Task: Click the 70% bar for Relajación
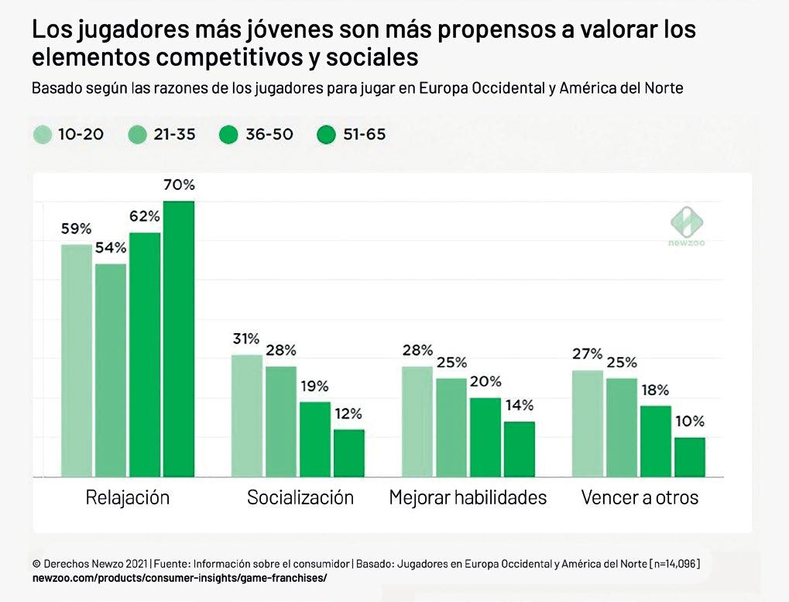pos(178,339)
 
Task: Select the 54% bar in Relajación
pos(111,370)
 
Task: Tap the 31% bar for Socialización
pos(247,415)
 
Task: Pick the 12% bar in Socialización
pos(348,452)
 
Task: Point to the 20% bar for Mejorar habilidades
pos(485,437)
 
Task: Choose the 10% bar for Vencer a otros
pos(689,457)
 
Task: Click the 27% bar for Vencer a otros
pos(587,423)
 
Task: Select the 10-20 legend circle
pos(43,135)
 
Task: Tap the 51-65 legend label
pos(363,135)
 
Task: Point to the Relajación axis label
pos(127,497)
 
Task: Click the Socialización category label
pos(300,497)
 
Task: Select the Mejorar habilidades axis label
pos(468,497)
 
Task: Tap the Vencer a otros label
pos(640,497)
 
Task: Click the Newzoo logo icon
pos(686,222)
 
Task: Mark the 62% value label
pos(145,216)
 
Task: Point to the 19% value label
pos(314,386)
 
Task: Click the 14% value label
pos(519,405)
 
